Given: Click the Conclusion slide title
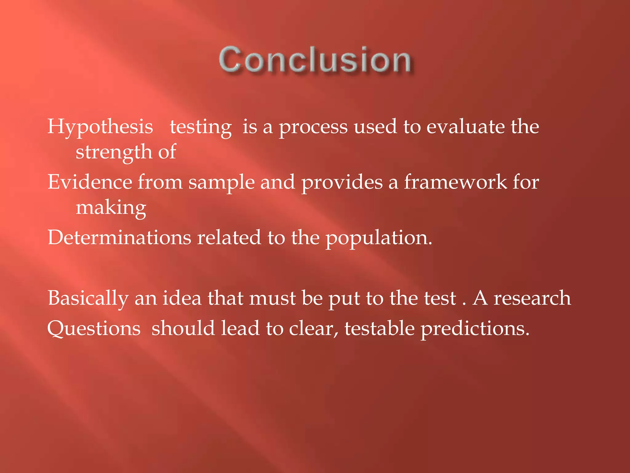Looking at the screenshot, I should pyautogui.click(x=315, y=60).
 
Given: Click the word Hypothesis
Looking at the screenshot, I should pyautogui.click(x=100, y=127).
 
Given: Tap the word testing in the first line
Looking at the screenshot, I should pyautogui.click(x=201, y=127).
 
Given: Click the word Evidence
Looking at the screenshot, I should pyautogui.click(x=90, y=182).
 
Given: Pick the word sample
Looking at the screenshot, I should pyautogui.click(x=221, y=183).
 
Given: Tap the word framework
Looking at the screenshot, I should pyautogui.click(x=455, y=182).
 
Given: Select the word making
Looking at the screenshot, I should pyautogui.click(x=111, y=208).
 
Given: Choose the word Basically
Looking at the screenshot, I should pyautogui.click(x=88, y=298).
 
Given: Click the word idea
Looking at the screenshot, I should pyautogui.click(x=182, y=298).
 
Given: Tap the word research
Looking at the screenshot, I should pyautogui.click(x=532, y=298).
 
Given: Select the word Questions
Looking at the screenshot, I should pyautogui.click(x=94, y=329).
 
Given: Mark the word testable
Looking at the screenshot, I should pyautogui.click(x=379, y=328).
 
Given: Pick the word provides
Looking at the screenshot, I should pyautogui.click(x=342, y=183).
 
